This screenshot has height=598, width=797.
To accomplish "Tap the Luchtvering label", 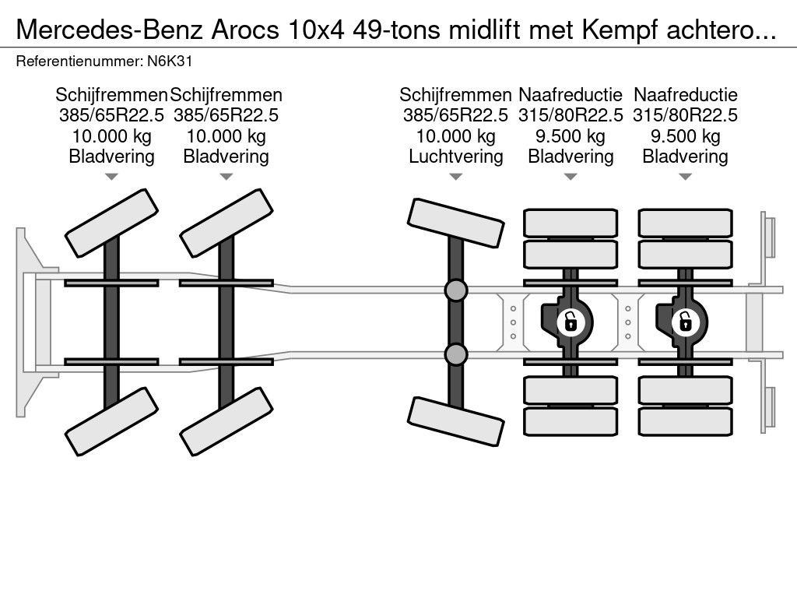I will [455, 156].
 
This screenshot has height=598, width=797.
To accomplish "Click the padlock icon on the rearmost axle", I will [685, 321].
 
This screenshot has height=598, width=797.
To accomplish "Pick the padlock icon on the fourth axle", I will [571, 321].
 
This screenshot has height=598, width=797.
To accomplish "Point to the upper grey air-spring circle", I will [455, 290].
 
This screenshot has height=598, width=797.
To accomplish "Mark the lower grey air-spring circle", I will [455, 355].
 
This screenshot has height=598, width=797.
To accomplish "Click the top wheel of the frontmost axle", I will [112, 215].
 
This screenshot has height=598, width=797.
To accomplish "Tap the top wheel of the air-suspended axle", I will [455, 221].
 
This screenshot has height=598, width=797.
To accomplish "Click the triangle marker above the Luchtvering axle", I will [455, 178].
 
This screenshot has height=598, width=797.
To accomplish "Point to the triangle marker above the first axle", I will [112, 178].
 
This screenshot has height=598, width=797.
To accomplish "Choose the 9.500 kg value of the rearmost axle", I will [685, 135].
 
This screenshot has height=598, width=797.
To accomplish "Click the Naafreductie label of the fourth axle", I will [571, 95].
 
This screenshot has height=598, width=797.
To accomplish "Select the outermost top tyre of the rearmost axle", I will [685, 222].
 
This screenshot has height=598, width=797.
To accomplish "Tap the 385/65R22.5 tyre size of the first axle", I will [112, 115].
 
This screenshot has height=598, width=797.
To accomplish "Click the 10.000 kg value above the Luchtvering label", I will [455, 135].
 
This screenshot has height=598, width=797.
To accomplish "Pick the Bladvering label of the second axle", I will [226, 156].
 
